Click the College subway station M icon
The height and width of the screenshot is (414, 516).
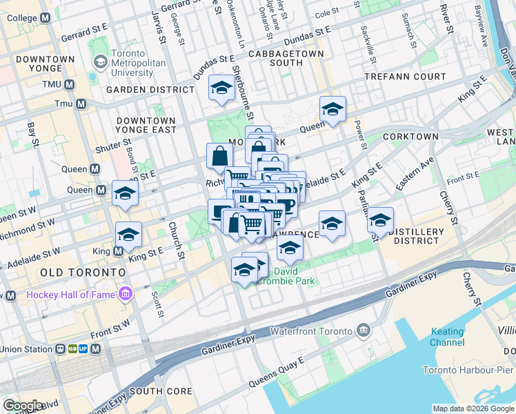click(46, 17)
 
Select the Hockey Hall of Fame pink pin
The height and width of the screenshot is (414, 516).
click(125, 295)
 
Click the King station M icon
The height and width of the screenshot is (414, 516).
click(118, 253)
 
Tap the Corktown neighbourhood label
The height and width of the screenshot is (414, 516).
click(410, 137)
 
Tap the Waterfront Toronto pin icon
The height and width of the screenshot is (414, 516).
click(363, 332)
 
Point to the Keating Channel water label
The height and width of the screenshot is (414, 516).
click(447, 337)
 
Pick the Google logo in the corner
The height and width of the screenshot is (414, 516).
click(23, 406)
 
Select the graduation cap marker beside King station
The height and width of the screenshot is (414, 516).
click(128, 235)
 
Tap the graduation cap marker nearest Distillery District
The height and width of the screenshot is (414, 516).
click(379, 220)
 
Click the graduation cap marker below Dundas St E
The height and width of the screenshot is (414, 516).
click(221, 88)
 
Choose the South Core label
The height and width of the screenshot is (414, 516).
click(161, 391)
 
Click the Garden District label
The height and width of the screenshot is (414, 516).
click(150, 90)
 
